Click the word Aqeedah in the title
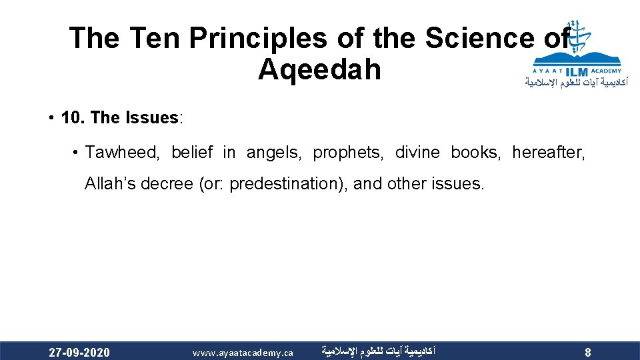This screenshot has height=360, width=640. click(319, 69)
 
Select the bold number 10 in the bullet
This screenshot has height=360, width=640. click(72, 118)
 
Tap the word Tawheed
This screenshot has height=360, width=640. click(122, 153)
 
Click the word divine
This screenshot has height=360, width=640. click(417, 153)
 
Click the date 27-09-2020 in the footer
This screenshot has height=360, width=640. click(80, 352)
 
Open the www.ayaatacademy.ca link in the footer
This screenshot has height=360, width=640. click(243, 352)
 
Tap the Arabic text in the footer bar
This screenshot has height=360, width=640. click(377, 351)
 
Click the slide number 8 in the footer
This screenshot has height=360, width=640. click(587, 352)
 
